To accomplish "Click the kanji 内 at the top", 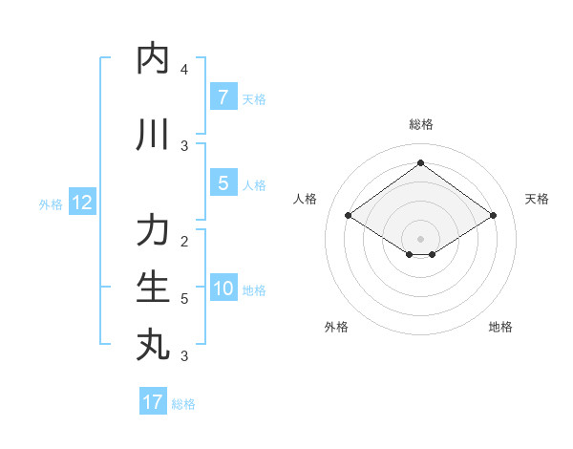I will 154,58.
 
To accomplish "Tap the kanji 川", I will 154,135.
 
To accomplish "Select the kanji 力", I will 154,231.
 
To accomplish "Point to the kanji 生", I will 154,287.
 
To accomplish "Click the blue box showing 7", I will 223,96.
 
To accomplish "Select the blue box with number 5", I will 223,183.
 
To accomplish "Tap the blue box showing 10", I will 223,289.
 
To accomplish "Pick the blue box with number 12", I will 82,203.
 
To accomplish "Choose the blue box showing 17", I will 153,402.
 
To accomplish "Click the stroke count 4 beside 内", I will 184,69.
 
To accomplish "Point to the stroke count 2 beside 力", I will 184,241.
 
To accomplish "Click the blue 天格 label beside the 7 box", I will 254,98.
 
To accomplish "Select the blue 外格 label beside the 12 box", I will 51,203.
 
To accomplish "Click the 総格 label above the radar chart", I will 421,124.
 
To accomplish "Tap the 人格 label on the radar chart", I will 305,199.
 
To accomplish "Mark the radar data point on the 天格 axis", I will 493,216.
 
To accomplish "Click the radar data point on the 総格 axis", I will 421,162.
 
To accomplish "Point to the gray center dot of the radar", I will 421,238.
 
